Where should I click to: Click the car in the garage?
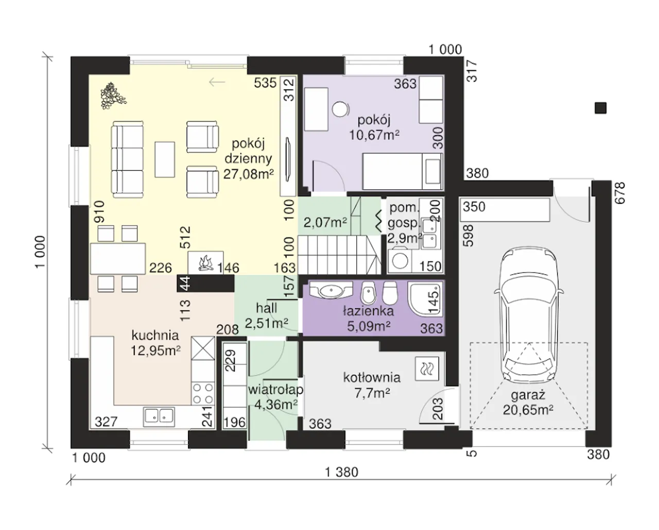click(529, 315)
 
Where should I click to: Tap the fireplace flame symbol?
click(206, 263)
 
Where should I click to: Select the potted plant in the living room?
click(113, 96)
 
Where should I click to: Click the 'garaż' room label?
click(528, 395)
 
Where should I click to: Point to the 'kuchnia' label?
click(155, 335)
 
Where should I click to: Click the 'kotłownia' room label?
click(372, 378)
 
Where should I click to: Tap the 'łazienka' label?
click(368, 311)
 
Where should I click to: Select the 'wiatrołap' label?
click(275, 390)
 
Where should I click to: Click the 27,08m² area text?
click(248, 174)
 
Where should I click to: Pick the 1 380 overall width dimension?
click(341, 472)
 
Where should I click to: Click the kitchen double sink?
click(159, 417)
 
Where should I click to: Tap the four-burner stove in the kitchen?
click(202, 394)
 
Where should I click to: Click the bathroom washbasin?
click(331, 290)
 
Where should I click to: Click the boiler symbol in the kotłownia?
click(427, 369)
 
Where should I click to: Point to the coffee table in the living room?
click(165, 159)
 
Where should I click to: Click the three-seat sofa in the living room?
click(127, 159)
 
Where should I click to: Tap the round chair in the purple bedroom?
click(340, 109)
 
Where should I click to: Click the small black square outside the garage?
click(600, 108)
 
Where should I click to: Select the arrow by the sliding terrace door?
click(217, 82)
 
